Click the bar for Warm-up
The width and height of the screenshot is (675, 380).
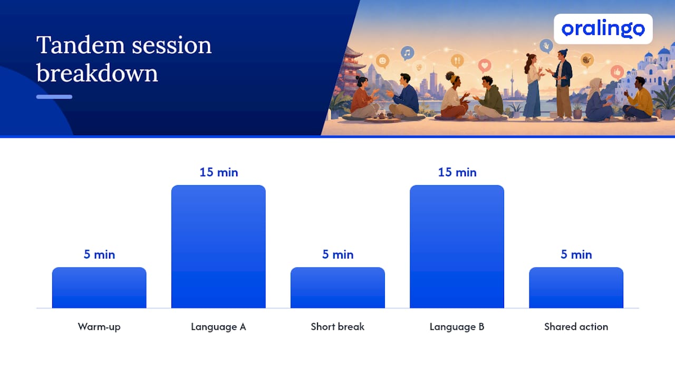99,288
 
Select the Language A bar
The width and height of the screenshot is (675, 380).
218,246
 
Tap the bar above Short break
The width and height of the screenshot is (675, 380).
337,288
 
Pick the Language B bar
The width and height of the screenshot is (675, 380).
457,246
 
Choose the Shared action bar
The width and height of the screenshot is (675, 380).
576,288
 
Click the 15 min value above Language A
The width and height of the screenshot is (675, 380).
219,173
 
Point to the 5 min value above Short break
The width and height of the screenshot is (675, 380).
338,254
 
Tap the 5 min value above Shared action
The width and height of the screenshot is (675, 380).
576,254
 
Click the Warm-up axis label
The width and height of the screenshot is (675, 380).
99,327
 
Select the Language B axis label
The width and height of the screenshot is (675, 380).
457,327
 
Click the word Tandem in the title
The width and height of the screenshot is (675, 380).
81,45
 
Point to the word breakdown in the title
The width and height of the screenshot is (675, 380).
97,73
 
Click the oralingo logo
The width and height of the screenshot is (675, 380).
603,29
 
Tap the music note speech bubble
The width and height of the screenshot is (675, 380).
407,53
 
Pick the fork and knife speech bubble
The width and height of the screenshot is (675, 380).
457,61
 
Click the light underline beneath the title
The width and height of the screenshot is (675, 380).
54,97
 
